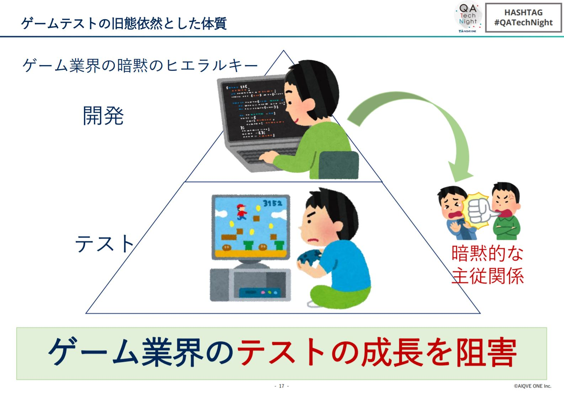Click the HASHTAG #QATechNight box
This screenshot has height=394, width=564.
[523, 18]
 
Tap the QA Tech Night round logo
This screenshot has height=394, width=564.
[468, 17]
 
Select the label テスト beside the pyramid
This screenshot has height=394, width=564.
[104, 243]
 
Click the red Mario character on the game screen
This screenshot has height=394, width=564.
[241, 212]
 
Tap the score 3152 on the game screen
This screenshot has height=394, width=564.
[272, 203]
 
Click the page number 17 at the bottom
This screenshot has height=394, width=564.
[282, 386]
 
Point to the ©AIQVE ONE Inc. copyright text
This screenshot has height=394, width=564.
[532, 386]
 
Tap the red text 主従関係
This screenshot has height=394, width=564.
[488, 275]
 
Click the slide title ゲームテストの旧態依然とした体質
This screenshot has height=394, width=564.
[124, 23]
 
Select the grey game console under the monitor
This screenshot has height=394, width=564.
[250, 285]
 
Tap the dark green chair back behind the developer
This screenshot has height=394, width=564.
[338, 165]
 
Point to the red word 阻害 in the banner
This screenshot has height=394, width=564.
[486, 352]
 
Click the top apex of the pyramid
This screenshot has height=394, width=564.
[283, 51]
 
